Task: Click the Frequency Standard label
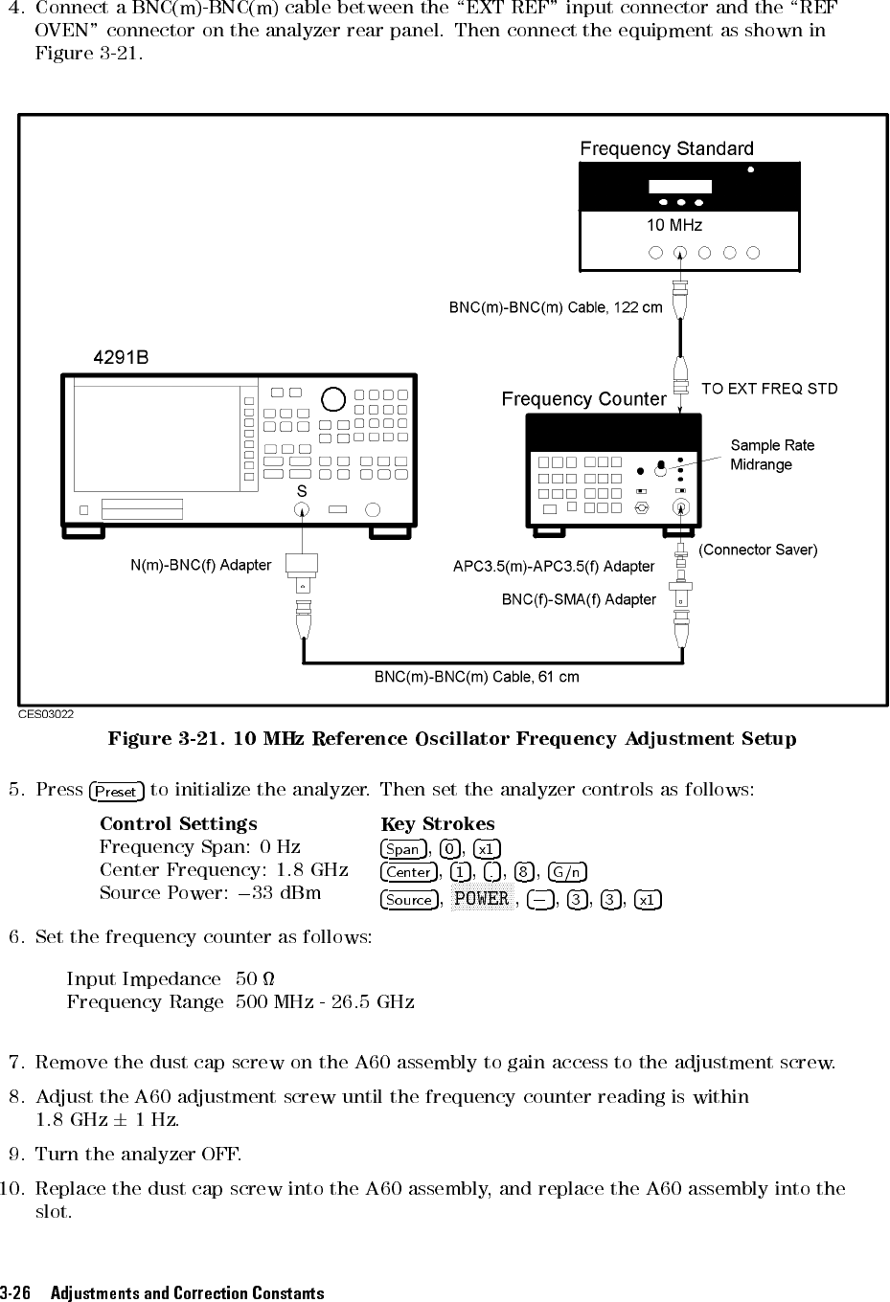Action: (x=667, y=149)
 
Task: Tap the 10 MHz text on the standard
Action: (x=674, y=226)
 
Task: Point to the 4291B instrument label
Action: (x=121, y=358)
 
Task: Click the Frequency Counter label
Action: (x=583, y=399)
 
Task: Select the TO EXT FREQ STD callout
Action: (x=769, y=389)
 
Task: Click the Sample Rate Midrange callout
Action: (x=772, y=455)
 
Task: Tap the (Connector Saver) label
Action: (x=758, y=550)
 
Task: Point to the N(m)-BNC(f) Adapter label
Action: (x=200, y=566)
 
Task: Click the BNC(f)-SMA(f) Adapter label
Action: (x=579, y=600)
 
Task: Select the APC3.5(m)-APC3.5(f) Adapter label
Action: (x=553, y=567)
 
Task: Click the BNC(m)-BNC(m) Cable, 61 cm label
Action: (x=476, y=677)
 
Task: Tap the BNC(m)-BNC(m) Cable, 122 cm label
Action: (x=556, y=308)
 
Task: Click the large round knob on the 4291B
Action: (x=332, y=398)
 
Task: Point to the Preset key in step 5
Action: (x=116, y=792)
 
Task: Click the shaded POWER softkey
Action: (x=481, y=899)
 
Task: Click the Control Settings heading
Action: (x=178, y=824)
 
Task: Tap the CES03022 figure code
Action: (x=47, y=713)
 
